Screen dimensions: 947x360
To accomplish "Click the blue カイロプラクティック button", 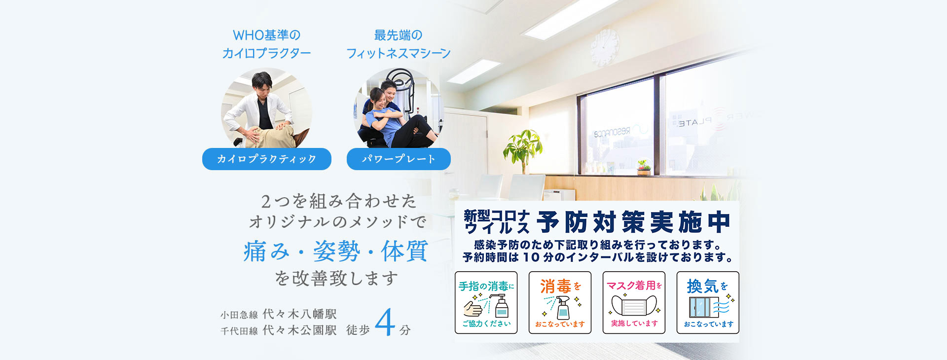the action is click(267, 159).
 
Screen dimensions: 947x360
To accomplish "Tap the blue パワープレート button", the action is click(399, 159).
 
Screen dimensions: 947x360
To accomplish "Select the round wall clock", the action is click(604, 47).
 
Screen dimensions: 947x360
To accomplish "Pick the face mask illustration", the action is click(634, 306).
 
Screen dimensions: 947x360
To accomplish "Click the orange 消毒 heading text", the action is click(555, 286).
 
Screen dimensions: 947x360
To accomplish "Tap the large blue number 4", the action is click(385, 323).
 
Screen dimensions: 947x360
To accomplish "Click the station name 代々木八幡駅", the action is click(299, 314).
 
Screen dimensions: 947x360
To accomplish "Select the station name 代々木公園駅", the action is click(299, 330).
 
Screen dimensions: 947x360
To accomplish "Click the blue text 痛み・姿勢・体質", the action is click(335, 252).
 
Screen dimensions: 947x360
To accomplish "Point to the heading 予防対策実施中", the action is click(633, 221).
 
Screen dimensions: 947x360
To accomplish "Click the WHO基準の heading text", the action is click(266, 35).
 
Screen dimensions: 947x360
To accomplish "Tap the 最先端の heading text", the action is click(398, 35).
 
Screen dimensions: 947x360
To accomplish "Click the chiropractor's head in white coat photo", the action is click(262, 84).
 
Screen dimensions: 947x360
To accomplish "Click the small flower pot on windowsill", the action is click(643, 168).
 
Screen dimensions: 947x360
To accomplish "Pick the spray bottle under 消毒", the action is click(562, 308).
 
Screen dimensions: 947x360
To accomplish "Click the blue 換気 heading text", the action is click(702, 286).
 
